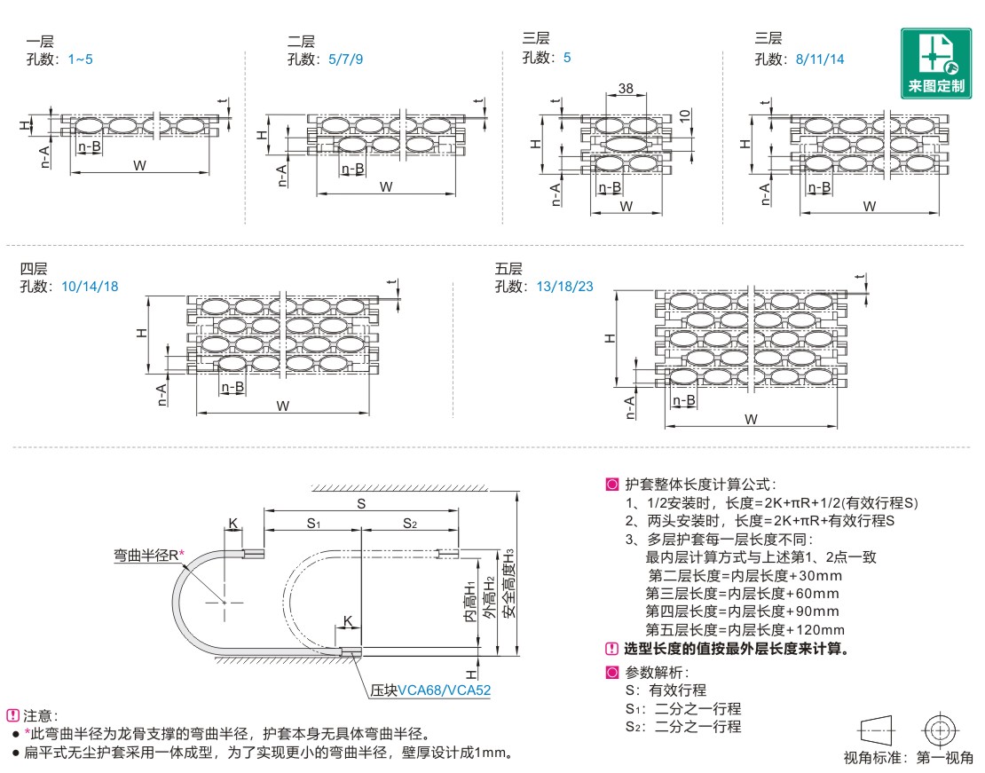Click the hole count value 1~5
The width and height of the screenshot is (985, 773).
coord(80,59)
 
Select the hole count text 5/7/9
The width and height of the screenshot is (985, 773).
coord(345,59)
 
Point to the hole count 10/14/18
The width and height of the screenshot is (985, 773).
coord(90,286)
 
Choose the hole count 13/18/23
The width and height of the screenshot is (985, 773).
coord(564,286)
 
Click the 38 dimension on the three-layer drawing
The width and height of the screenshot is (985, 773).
coord(625,89)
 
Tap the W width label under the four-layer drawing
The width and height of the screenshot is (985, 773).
coord(282,406)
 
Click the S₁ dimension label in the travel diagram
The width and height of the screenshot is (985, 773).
coord(313,524)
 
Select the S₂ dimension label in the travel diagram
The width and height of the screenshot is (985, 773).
coord(409,524)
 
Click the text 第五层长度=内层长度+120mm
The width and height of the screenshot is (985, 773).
coord(742,629)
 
